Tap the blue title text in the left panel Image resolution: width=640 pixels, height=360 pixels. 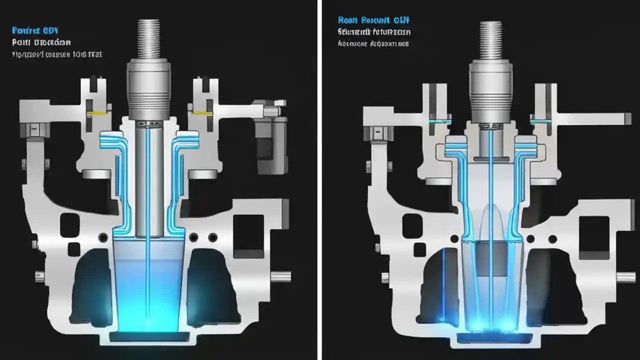tap(33, 30)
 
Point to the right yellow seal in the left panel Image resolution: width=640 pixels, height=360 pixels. tap(200, 113)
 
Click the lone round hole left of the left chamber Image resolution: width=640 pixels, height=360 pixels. tap(103, 237)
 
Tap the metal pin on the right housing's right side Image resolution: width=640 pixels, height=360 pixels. tap(625, 277)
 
